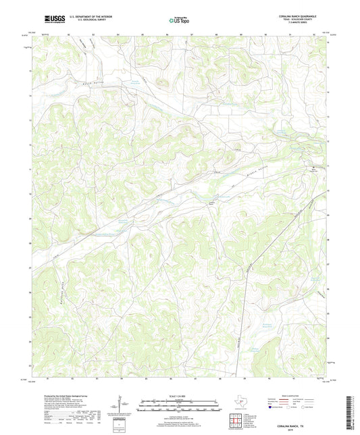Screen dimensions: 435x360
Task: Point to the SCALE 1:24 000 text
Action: click(x=179, y=396)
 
